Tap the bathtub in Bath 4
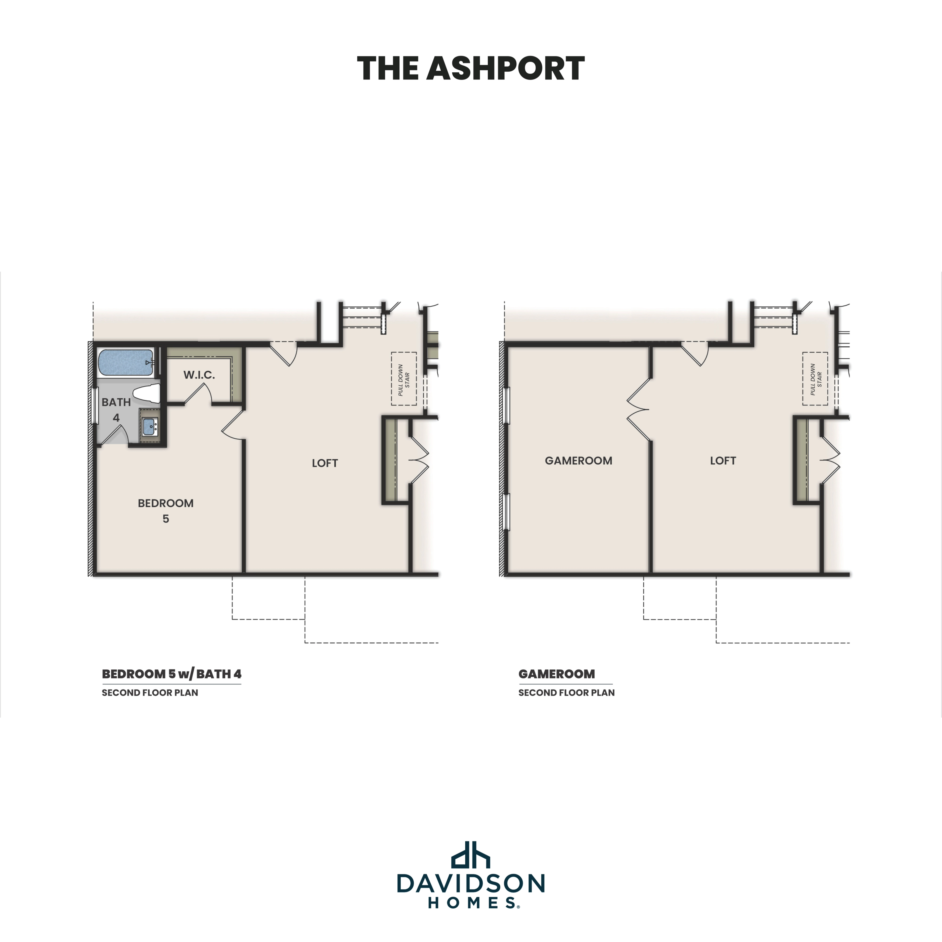[x=126, y=362]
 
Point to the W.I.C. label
[x=199, y=375]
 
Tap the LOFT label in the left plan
[x=325, y=463]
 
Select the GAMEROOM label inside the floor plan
[x=578, y=461]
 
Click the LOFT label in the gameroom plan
[x=723, y=461]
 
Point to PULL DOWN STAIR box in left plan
[x=404, y=379]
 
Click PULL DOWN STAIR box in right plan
[x=815, y=379]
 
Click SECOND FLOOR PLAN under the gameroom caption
[x=566, y=693]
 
